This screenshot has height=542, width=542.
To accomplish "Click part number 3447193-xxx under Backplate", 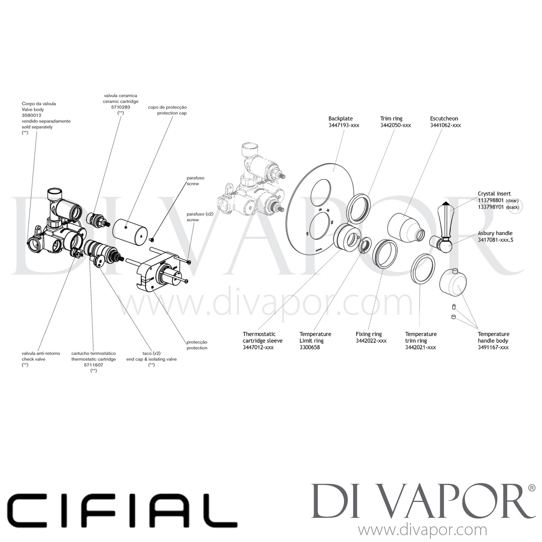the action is (344, 125).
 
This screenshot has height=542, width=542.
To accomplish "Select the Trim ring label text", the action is (391, 119).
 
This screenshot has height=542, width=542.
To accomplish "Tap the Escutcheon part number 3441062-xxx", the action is (445, 125).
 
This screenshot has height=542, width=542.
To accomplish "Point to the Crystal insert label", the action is (494, 194).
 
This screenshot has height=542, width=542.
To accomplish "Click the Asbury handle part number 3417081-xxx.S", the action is (495, 240).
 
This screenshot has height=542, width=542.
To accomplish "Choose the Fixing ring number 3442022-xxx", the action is (371, 341).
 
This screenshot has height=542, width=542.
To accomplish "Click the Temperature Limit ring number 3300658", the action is (310, 348).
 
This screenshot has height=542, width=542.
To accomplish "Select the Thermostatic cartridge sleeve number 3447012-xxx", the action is (258, 348).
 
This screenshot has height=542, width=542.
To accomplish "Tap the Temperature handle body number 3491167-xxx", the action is (493, 348).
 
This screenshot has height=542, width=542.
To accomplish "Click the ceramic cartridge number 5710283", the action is (121, 107).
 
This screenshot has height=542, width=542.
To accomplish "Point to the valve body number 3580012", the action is (31, 115).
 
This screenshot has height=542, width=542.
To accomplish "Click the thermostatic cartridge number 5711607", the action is (94, 365).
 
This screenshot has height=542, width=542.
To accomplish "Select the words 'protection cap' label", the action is (172, 113).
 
